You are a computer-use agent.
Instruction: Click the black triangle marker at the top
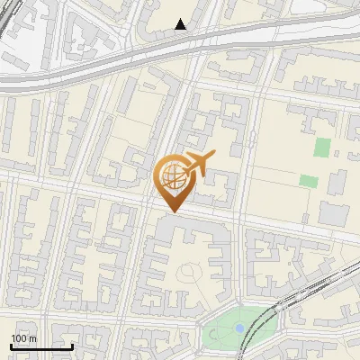tap(181, 24)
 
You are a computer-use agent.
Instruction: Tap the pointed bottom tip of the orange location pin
tap(172, 212)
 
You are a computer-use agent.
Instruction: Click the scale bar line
tap(41, 346)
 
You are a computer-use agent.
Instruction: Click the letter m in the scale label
tap(32, 338)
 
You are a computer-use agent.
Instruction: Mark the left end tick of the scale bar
tap(11, 345)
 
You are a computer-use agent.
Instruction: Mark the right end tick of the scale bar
tap(73, 345)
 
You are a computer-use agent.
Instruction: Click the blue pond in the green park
tap(238, 328)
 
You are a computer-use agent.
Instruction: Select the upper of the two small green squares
tap(322, 147)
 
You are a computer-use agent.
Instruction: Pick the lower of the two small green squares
tap(309, 181)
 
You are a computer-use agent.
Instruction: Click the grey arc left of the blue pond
tap(212, 334)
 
